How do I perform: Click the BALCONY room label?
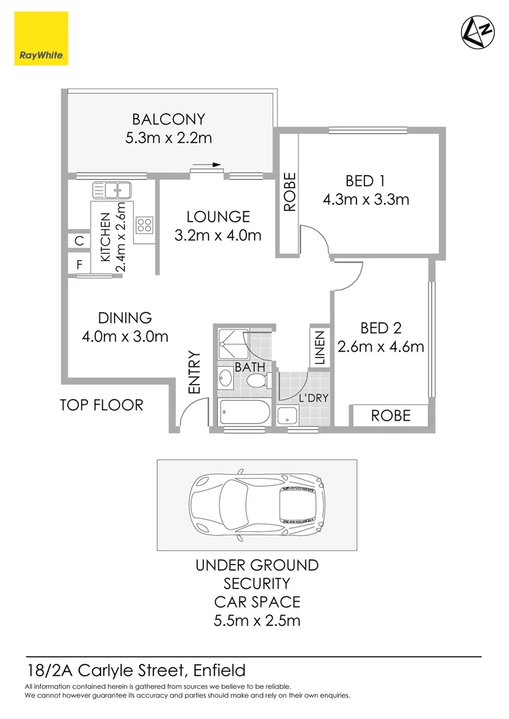(x=168, y=120)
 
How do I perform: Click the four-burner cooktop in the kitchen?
(x=145, y=226)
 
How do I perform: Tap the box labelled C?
(x=79, y=241)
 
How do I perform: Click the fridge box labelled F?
(x=79, y=264)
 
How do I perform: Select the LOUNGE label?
(x=218, y=216)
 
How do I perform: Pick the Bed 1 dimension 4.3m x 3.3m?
(x=365, y=199)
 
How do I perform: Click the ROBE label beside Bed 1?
(x=289, y=193)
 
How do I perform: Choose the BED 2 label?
(x=380, y=328)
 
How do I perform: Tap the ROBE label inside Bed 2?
(x=390, y=415)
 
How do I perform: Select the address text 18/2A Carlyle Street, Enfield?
(x=135, y=670)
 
